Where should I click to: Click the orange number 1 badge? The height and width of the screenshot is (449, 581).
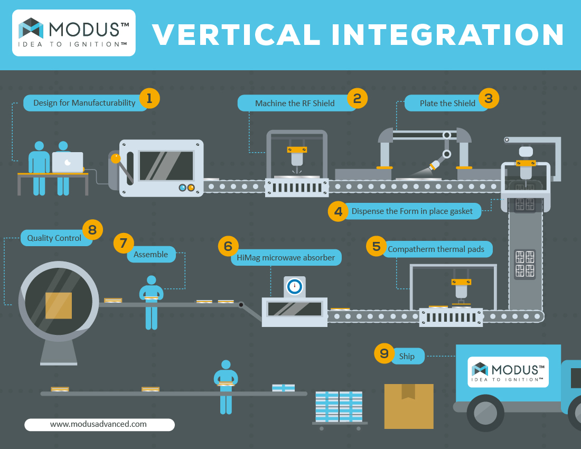coord(149,99)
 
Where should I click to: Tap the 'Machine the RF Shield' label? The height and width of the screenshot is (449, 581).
coord(295,104)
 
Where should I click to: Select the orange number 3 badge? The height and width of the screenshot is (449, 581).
coord(489,99)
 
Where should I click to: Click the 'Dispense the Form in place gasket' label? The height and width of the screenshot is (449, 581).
coord(412,211)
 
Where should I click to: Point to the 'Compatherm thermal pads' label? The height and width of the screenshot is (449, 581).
coord(436,249)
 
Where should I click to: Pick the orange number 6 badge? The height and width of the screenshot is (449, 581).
coord(228,246)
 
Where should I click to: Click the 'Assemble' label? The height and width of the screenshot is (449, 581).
coord(151,255)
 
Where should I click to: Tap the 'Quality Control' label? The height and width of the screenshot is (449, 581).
coord(54,238)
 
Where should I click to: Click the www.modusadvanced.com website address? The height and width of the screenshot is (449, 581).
coord(99,424)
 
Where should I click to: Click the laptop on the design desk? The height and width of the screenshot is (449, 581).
coord(68,162)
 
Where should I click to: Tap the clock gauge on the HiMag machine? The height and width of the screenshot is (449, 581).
coord(295,286)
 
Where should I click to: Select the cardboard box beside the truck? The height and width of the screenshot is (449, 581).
coord(409,406)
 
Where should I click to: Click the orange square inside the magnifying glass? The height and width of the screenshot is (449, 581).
coord(59,306)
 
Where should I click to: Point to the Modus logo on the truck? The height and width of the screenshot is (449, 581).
coord(508,372)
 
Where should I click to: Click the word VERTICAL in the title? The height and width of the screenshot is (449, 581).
coord(237,35)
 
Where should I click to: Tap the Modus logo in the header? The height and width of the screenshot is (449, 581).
coord(74,33)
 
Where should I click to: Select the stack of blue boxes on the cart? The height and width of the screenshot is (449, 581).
coord(339,406)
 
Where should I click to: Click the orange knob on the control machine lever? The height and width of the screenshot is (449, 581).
coord(116,158)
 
